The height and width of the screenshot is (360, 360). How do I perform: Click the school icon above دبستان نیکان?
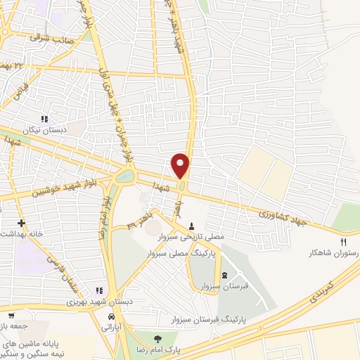(x=45, y=119)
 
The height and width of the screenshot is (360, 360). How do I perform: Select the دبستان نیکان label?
(x=46, y=130)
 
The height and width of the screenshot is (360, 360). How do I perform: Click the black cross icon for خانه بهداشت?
(x=22, y=223)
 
